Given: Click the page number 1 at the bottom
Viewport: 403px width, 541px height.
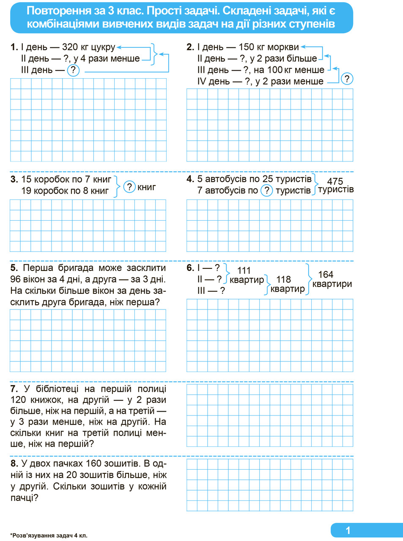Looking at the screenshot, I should [x=348, y=530].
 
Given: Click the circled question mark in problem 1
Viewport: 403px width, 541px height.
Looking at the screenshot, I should [x=73, y=70].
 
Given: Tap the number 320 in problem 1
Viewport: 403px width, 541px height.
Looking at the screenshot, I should [x=70, y=47].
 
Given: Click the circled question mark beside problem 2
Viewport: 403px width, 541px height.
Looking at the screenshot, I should [x=347, y=79].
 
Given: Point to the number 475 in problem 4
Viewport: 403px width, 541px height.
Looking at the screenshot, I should [x=335, y=181].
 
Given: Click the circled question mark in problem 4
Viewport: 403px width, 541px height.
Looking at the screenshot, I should [x=266, y=191].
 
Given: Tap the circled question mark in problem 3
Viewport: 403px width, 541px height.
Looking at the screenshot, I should [x=129, y=187].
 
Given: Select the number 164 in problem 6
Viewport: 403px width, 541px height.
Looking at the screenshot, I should [x=326, y=274].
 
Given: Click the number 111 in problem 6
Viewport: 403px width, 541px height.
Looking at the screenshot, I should [x=244, y=270].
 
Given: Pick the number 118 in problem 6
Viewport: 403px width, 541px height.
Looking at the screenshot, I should [x=283, y=279].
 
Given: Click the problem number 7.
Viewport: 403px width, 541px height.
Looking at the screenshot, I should [x=14, y=389].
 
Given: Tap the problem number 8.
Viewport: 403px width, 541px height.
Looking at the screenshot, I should [x=14, y=464].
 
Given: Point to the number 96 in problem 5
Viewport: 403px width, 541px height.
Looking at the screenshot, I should [x=16, y=279].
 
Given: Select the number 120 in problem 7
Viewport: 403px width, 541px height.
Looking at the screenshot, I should [x=18, y=400].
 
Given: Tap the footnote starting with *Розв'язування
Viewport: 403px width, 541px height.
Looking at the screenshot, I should [x=49, y=535].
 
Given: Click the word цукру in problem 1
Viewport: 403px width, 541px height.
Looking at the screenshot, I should [x=103, y=47].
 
